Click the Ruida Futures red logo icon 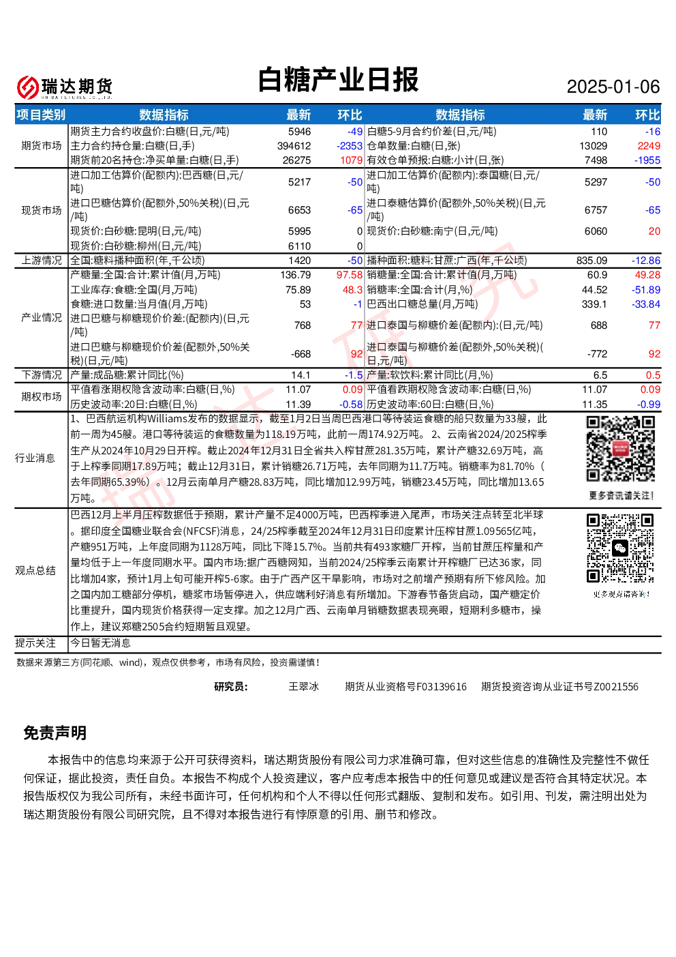pos(28,87)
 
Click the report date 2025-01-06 pos(613,87)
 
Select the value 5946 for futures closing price pos(300,132)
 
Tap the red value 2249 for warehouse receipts pos(649,146)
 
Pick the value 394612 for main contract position pos(294,146)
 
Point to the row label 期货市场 pos(42,146)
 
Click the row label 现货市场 pos(42,210)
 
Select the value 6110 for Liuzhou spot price pos(300,246)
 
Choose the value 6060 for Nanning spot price pos(596,231)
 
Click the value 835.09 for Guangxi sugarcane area pos(591,261)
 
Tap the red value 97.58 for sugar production pos(350,275)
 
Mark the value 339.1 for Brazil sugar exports pos(594,304)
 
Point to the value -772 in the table pos(598,354)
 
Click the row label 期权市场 pos(42,396)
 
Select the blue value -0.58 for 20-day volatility pos(351,404)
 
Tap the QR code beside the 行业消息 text pos(620,449)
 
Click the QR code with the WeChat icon pos(620,548)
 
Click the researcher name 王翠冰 pos(303,687)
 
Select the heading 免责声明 pos(55,733)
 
